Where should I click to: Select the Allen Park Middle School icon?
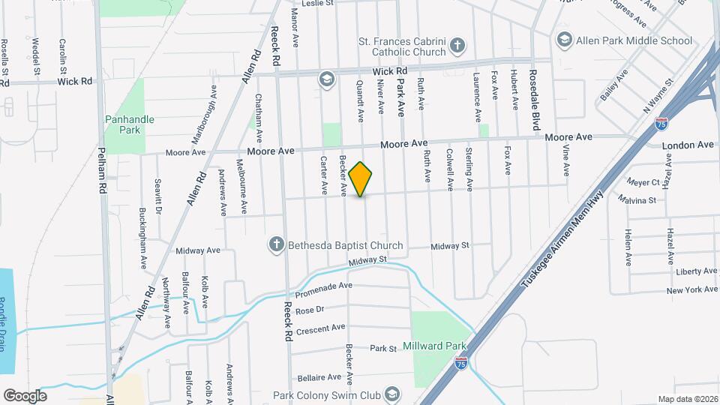(564, 39)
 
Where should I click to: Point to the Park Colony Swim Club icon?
(391, 394)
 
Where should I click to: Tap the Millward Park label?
(435, 346)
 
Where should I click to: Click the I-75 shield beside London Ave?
(661, 124)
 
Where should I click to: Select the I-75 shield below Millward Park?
(462, 364)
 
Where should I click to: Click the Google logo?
(25, 395)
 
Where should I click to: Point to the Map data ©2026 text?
(687, 399)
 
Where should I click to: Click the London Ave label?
(688, 144)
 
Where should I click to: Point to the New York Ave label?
(691, 290)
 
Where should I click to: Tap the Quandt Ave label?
(359, 102)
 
